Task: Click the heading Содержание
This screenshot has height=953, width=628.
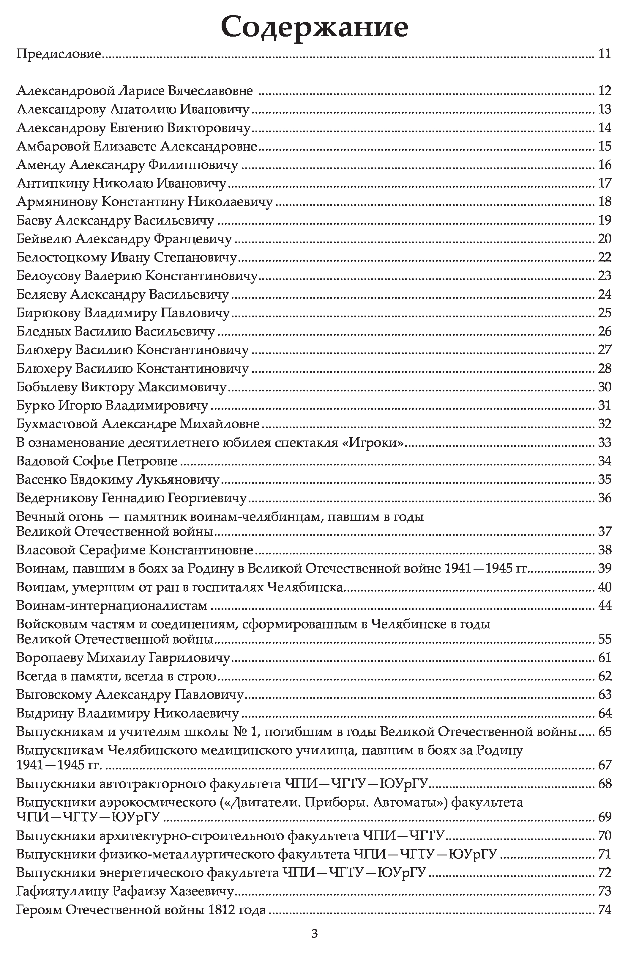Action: (x=314, y=27)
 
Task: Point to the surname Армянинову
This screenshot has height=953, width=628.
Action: (x=57, y=202)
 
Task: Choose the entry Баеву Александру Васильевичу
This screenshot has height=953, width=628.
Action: (x=115, y=220)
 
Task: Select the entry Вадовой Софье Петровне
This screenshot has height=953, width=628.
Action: (x=97, y=461)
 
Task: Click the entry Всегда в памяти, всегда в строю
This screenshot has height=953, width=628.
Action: (x=116, y=676)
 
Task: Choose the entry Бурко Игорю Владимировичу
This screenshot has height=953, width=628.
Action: (x=112, y=406)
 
